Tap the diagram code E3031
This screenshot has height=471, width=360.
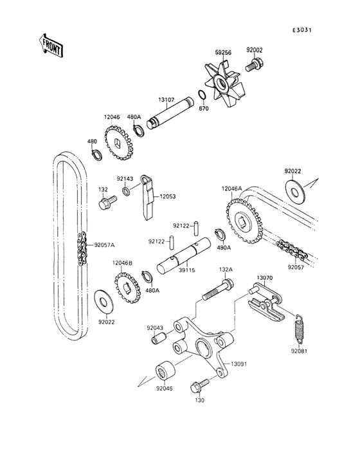pos(301,30)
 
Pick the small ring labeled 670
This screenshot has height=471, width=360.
pos(201,97)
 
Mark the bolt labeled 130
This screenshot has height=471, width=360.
pos(198,387)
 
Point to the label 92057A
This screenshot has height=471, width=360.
pos(104,245)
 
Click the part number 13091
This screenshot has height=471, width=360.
pos(239,364)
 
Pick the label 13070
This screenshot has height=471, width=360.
pos(265,279)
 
